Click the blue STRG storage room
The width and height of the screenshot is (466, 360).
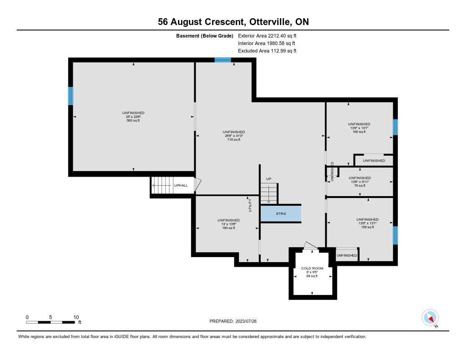[281, 213]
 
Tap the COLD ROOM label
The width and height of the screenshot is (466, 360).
[312, 268]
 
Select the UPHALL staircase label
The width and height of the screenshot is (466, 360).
[181, 185]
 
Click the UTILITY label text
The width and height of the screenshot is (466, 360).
[250, 205]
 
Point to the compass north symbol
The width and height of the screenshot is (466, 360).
[430, 318]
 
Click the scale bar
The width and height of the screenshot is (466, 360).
[51, 322]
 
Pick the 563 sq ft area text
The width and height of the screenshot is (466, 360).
[133, 121]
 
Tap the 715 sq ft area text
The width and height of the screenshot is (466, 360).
[234, 139]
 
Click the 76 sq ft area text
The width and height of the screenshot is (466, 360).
[360, 186]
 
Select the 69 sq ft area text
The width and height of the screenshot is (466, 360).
[312, 276]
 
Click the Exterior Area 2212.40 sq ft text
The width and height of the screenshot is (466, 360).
[267, 36]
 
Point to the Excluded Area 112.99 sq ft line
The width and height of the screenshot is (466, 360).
[267, 51]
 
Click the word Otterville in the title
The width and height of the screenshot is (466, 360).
[269, 22]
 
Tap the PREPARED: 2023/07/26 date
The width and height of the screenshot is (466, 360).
[233, 321]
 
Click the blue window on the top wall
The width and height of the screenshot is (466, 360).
[223, 60]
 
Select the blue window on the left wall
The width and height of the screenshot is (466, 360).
[71, 96]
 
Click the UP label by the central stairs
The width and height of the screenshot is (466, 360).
[268, 179]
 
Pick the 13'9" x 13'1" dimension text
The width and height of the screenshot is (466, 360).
[359, 128]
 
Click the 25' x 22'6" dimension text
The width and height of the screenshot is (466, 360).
[133, 117]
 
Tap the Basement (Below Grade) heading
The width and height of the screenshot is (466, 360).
[205, 36]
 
